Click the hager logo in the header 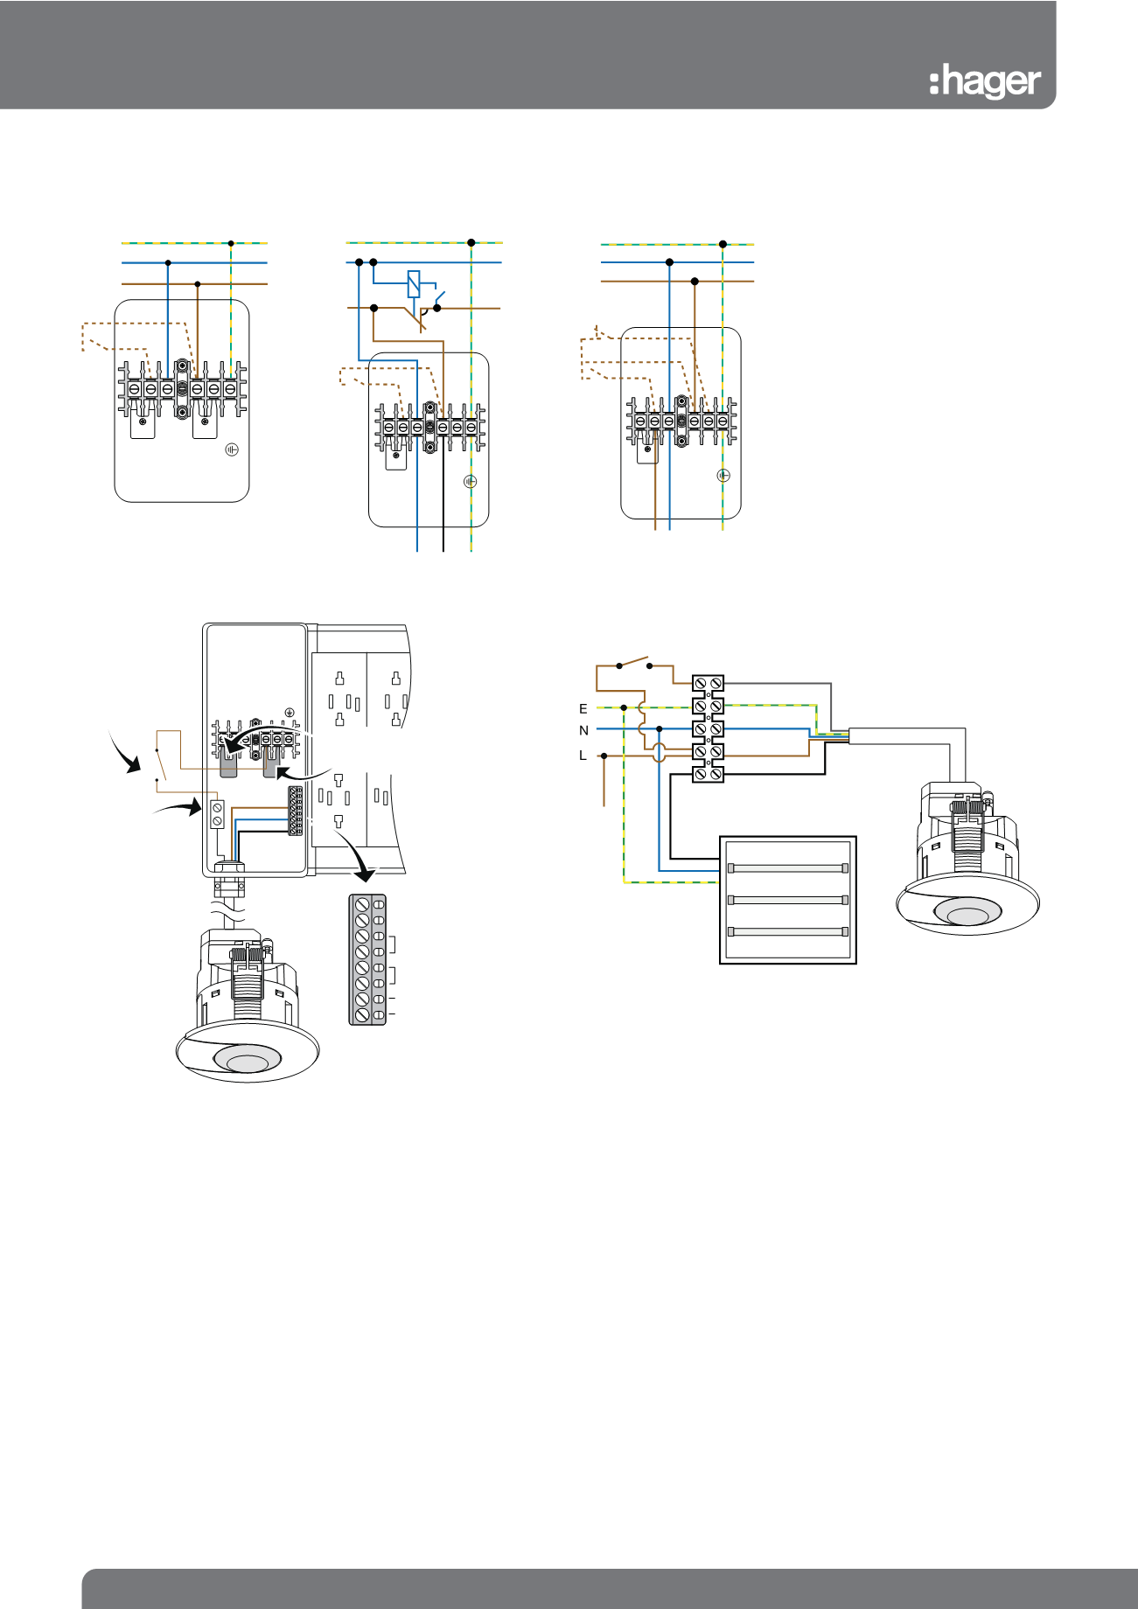(x=985, y=82)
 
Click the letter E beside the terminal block (x=583, y=709)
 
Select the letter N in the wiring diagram (x=583, y=731)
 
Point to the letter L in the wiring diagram (x=583, y=756)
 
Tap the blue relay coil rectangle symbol (x=415, y=284)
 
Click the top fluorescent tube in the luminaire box (x=787, y=868)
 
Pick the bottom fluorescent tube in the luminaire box (x=787, y=931)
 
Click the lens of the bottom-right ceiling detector (x=967, y=915)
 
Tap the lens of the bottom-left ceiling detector (x=248, y=1063)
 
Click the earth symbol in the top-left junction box (x=231, y=449)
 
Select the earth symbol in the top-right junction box (x=723, y=476)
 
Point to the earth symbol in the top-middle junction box (x=470, y=481)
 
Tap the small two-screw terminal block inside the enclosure (x=217, y=814)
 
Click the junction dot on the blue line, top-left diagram (x=168, y=262)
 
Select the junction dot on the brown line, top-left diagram (x=198, y=284)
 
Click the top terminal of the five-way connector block (x=708, y=682)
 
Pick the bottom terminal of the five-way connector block (x=708, y=774)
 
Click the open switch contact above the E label (x=634, y=662)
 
